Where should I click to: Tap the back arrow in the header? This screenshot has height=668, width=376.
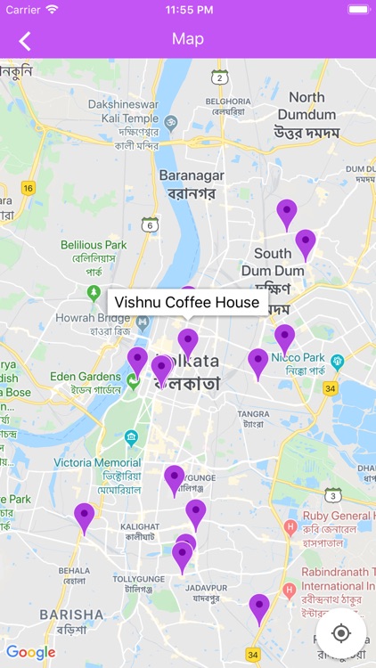point(25,40)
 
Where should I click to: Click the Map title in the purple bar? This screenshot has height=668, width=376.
point(188,39)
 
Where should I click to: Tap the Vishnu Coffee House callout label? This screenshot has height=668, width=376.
point(187,303)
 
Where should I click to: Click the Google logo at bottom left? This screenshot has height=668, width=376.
point(31,652)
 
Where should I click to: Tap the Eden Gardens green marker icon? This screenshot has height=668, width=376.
point(133,381)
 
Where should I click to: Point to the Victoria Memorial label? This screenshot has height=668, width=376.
point(97,463)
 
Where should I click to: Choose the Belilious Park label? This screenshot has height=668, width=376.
point(94,245)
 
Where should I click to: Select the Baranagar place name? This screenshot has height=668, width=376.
point(191,175)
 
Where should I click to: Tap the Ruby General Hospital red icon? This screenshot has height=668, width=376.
point(290,528)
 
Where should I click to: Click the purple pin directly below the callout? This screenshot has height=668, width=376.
point(188,342)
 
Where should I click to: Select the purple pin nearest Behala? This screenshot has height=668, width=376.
point(85,517)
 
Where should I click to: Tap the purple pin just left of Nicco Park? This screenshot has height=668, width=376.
point(284,338)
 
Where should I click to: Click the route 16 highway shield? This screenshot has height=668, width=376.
point(29,187)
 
